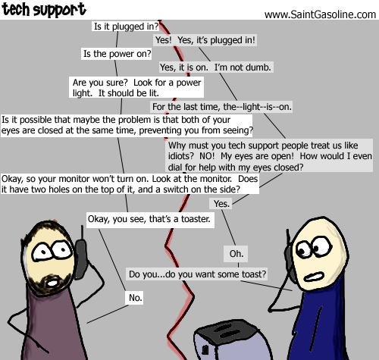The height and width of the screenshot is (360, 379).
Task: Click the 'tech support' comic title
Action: point(44,10)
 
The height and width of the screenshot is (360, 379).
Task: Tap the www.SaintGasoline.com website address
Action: point(320,14)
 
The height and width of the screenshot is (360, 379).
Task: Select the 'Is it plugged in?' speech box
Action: point(126,27)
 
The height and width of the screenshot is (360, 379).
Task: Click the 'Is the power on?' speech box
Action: point(117,54)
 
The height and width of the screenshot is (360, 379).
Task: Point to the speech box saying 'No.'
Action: point(134,298)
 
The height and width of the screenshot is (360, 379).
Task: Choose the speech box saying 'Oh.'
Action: point(236,254)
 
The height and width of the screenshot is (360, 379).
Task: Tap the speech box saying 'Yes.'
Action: point(221,203)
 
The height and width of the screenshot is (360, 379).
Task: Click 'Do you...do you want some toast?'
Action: point(197,274)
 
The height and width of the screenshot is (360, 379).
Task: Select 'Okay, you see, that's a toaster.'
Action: point(150,219)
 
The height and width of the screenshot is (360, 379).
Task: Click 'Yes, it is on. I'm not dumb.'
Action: point(216,67)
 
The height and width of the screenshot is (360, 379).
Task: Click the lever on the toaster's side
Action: point(205,349)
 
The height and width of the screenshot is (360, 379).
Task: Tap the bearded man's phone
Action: point(81,258)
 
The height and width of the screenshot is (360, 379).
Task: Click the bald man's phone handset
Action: point(290,260)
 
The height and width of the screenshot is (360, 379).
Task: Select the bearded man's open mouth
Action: point(52,283)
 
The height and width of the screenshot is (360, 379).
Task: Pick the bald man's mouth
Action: point(314,277)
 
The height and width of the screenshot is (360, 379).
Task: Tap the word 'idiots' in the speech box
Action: point(181,156)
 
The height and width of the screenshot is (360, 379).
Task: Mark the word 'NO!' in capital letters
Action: point(207,156)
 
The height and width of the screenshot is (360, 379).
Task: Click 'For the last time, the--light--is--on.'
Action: point(221,107)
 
